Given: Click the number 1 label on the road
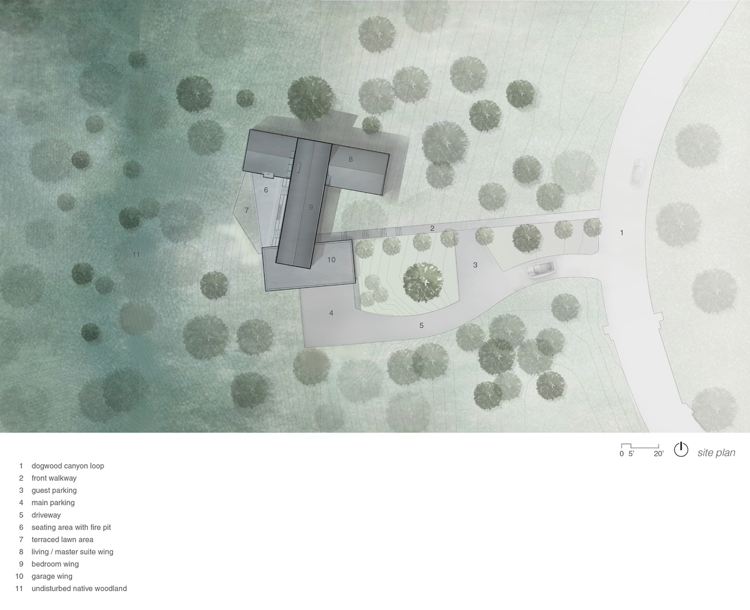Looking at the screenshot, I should point(622,232).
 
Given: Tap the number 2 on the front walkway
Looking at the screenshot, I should point(432,228).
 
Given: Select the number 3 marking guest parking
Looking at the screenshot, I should point(475,265).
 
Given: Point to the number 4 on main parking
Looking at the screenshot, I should point(331,313).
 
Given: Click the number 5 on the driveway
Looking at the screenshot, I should point(421,326).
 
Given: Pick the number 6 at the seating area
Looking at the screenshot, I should point(266,190).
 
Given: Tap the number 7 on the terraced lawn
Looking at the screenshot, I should point(247,210).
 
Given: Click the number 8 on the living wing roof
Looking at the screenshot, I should point(351,159).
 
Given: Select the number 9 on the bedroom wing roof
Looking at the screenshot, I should point(311,207).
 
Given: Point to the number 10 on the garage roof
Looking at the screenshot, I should point(331,260).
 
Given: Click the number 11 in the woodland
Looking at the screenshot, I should point(136,254).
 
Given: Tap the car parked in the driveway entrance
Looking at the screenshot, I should point(542,269).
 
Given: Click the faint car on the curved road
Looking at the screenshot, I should point(638,172).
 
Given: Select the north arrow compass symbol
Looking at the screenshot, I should point(681,450).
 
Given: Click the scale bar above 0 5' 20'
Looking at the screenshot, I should point(640,446).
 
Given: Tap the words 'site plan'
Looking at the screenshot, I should point(716,453).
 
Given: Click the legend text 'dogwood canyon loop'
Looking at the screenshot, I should point(68,466).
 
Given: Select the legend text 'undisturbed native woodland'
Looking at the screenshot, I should point(79,589).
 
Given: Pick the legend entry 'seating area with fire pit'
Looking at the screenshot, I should point(71,527).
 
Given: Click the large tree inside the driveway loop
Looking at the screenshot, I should point(422,281).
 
